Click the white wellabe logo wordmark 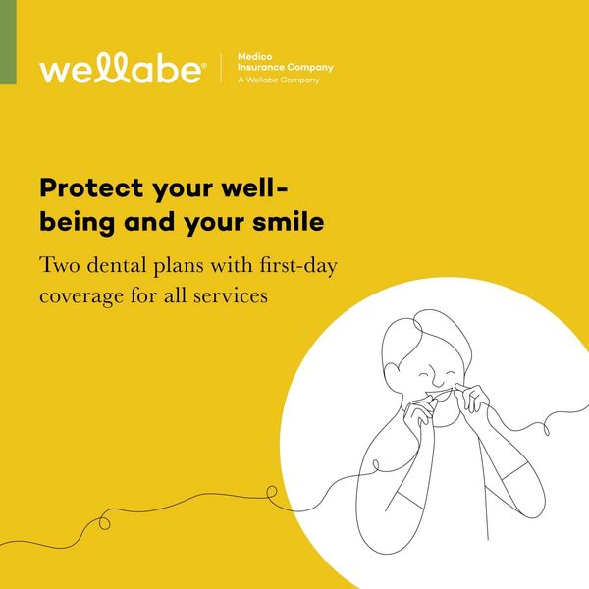tap(121, 68)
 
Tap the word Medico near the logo tap(254, 57)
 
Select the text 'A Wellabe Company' tap(279, 80)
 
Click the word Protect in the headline tap(91, 187)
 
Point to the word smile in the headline tap(289, 221)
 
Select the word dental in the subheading tap(117, 265)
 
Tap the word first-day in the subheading tap(298, 266)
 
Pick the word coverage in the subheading tap(81, 296)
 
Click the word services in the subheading tap(231, 296)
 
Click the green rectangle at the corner tap(8, 42)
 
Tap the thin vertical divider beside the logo tap(221, 68)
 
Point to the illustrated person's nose tap(437, 379)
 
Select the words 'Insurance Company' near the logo tap(286, 68)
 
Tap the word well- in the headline tap(254, 187)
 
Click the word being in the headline tap(77, 223)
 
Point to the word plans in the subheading tap(179, 266)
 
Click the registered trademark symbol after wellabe tap(204, 65)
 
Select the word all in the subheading tap(175, 295)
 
